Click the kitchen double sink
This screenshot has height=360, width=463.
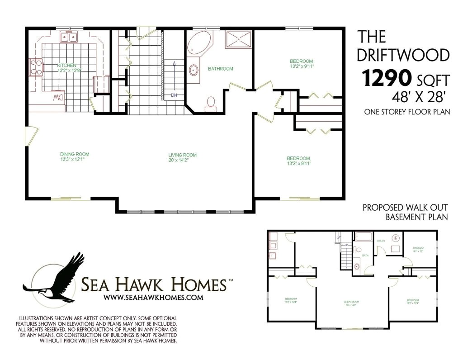[70, 37]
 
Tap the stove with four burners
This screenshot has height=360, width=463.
[36, 68]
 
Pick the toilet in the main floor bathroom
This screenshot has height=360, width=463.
[210, 102]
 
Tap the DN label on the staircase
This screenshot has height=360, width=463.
[174, 95]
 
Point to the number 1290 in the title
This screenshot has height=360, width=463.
[386, 79]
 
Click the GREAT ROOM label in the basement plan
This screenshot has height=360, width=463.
[351, 301]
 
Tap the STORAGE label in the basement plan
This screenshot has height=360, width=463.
[418, 248]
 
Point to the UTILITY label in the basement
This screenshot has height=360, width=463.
[381, 241]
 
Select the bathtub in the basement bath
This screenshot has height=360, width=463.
[363, 237]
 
